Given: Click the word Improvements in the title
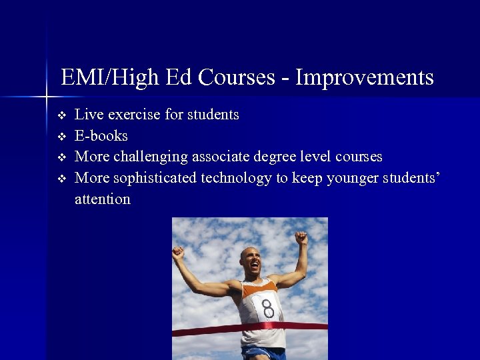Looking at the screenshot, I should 364,78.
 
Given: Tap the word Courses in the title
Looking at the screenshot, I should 237,78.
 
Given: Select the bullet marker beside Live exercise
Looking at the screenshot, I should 62,115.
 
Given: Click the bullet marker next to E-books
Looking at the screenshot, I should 62,137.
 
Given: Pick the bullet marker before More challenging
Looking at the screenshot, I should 62,157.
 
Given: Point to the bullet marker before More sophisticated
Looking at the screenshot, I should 62,179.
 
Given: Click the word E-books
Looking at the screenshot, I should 101,136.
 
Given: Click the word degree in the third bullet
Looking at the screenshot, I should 279,157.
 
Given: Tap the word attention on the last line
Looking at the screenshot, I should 103,199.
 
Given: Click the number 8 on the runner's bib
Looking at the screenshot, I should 268,309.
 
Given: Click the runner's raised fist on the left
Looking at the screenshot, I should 177,253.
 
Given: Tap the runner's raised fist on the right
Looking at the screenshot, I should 301,237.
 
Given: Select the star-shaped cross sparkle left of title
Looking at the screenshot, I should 47,97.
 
